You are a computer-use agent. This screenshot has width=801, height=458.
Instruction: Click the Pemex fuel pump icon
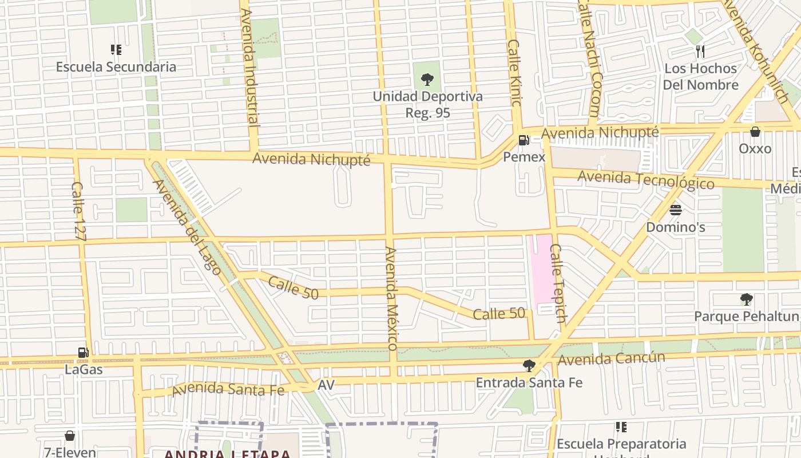coord(523,140)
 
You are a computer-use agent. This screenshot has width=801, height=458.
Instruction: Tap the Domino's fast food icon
coord(676,210)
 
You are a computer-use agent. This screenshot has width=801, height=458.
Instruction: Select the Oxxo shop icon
coord(755,132)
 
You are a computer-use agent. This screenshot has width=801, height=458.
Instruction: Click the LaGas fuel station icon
coord(84,353)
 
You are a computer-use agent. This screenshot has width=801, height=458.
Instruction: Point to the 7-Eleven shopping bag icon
coord(70,436)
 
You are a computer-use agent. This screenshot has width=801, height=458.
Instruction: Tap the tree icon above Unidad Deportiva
coord(427,80)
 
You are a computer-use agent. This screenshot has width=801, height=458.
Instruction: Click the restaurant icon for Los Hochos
coord(701,52)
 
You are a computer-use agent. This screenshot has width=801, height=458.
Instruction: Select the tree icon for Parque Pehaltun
coord(746,299)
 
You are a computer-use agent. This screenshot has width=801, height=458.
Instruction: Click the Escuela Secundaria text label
coord(116,67)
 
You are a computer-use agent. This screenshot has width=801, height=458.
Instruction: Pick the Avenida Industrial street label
coord(250,68)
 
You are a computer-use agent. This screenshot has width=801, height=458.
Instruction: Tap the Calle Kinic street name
coord(514,73)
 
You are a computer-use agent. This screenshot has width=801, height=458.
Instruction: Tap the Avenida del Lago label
coord(187,227)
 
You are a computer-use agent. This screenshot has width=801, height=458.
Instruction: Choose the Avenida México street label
coord(391,298)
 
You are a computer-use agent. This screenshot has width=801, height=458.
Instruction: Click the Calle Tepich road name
coord(558,283)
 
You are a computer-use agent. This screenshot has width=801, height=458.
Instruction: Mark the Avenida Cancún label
coord(612,359)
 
